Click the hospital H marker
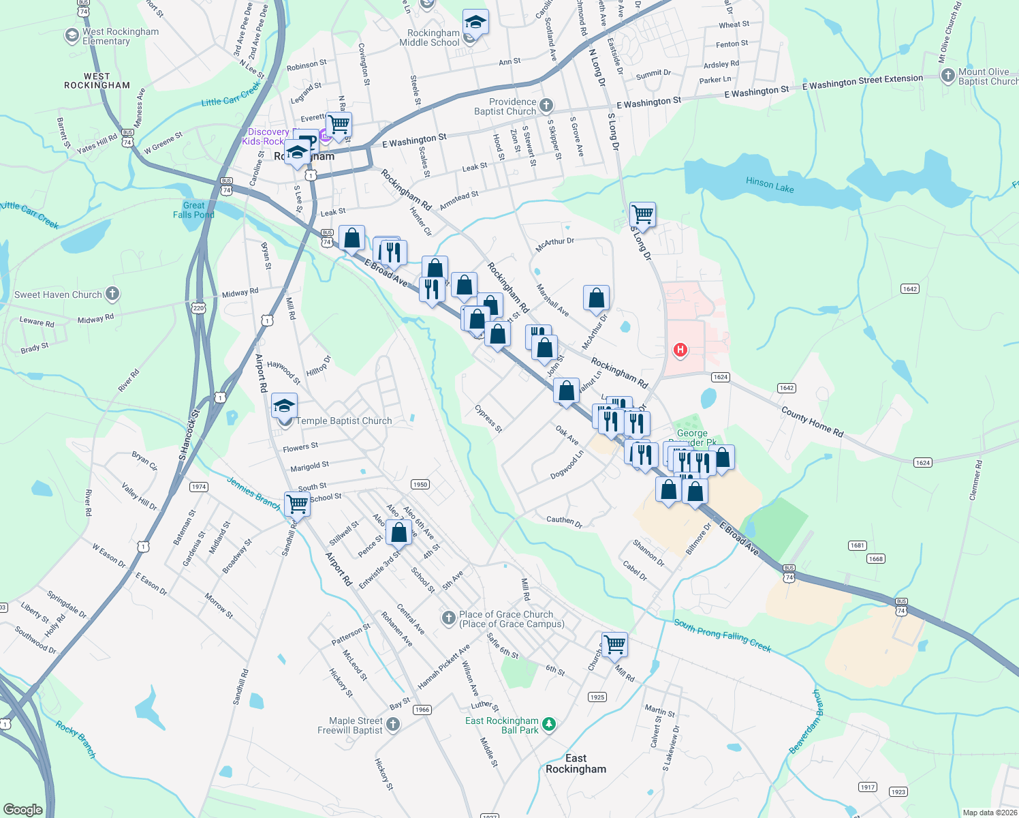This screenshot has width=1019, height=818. [680, 350]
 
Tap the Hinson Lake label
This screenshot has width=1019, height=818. [770, 184]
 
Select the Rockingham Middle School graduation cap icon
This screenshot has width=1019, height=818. [475, 23]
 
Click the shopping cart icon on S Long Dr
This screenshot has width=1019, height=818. [642, 215]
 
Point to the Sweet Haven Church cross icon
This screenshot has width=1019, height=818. [112, 294]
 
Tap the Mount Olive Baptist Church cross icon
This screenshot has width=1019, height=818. [947, 76]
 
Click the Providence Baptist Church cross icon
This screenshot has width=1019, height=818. [546, 106]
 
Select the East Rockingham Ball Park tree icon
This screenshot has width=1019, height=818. [549, 725]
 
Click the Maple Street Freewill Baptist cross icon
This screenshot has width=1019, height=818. [393, 725]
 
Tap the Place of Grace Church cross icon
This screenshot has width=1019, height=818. [448, 618]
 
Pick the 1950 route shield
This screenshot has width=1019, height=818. [420, 485]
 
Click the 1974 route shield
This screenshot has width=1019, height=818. [198, 487]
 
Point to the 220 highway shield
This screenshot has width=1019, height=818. [198, 308]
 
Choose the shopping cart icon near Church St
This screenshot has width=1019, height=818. [614, 644]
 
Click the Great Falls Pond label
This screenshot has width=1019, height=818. [193, 210]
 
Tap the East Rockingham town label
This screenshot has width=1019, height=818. [576, 763]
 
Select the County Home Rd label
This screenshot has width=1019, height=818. [812, 422]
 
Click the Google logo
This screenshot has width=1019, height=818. [22, 810]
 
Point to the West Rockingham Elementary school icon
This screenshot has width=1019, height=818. [72, 36]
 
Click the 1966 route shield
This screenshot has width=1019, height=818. [422, 710]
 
